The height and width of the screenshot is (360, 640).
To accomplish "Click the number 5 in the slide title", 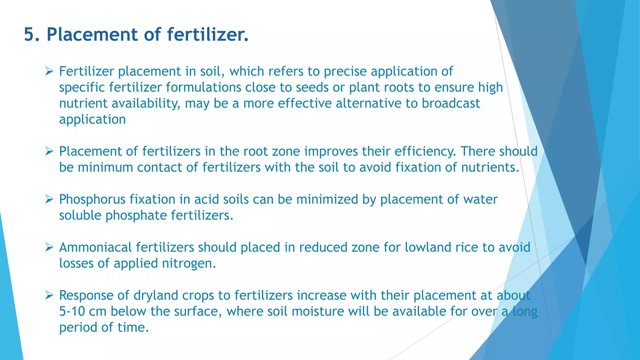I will (x=29, y=34).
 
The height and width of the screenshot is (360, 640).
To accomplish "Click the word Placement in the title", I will (x=92, y=34).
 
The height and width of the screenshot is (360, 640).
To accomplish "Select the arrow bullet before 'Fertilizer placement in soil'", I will (x=49, y=71).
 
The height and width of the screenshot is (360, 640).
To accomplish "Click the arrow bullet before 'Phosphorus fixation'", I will (x=49, y=199).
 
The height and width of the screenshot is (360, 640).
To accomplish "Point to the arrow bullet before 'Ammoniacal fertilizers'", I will (x=49, y=247).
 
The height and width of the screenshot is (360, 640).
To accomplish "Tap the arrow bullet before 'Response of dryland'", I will (x=49, y=295).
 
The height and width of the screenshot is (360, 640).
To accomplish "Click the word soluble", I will (x=80, y=216).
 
